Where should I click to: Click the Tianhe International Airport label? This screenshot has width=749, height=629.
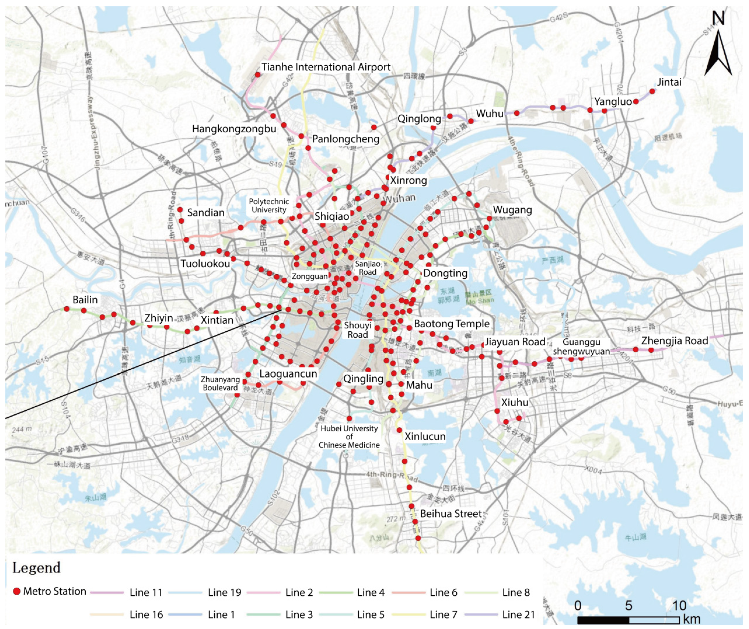pyautogui.click(x=326, y=67)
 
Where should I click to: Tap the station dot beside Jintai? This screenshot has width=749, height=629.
pyautogui.click(x=652, y=91)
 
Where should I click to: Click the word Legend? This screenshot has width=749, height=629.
pyautogui.click(x=36, y=568)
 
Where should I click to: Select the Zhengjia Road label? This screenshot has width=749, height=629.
pyautogui.click(x=674, y=341)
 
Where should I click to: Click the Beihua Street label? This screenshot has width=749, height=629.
pyautogui.click(x=451, y=514)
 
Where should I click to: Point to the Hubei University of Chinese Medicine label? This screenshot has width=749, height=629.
pyautogui.click(x=349, y=437)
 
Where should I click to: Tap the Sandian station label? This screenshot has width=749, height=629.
pyautogui.click(x=206, y=213)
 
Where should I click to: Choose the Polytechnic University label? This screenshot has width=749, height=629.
pyautogui.click(x=269, y=206)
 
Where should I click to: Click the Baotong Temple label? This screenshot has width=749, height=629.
pyautogui.click(x=451, y=324)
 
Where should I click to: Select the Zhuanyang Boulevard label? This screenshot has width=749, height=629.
pyautogui.click(x=220, y=384)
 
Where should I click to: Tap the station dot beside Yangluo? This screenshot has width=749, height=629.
pyautogui.click(x=636, y=102)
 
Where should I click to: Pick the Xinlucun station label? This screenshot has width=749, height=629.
pyautogui.click(x=425, y=436)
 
